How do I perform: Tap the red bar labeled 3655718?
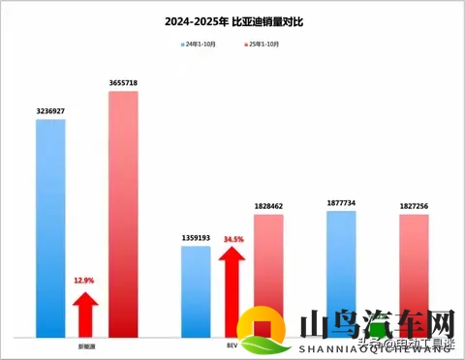(123, 213)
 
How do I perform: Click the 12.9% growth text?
(84, 281)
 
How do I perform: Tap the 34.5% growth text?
(233, 238)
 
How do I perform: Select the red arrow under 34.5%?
(232, 285)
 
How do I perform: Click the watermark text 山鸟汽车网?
(377, 323)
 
